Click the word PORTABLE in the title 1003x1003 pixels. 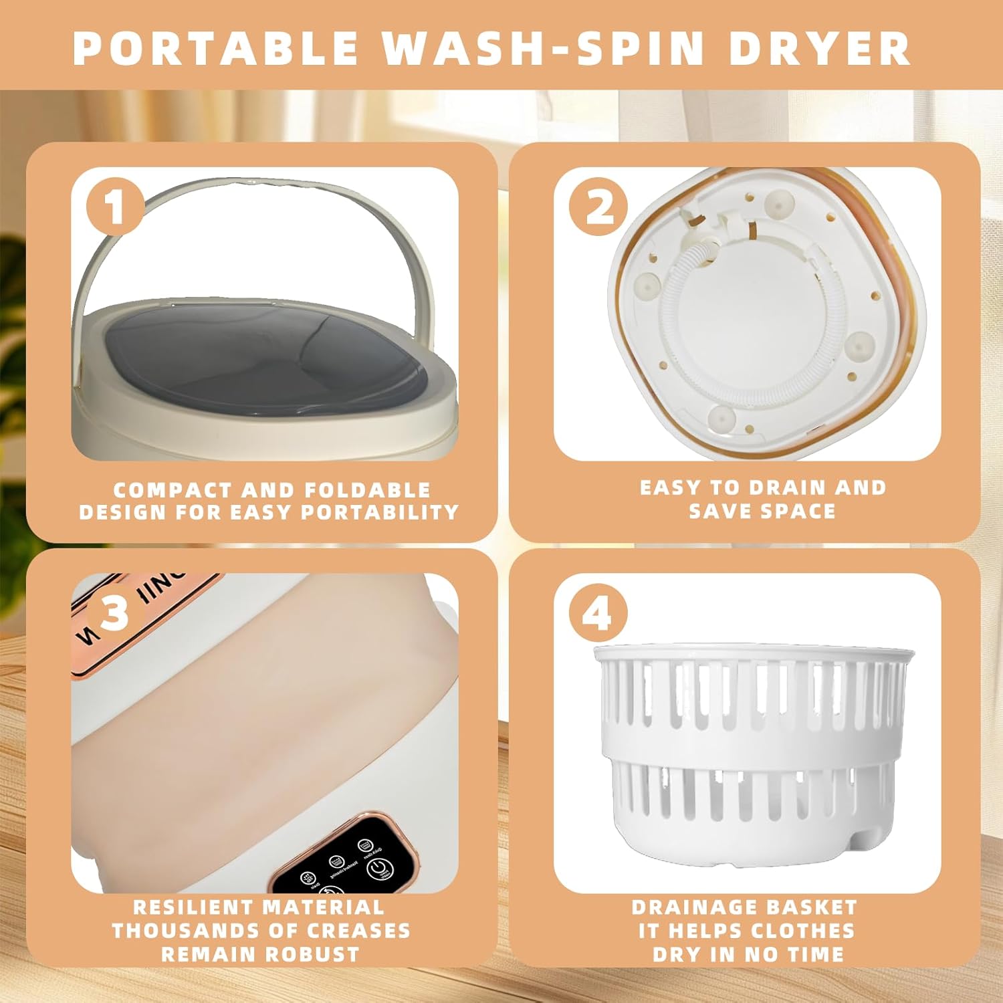[215, 47]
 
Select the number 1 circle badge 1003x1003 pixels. [116, 207]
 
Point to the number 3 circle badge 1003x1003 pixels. [116, 612]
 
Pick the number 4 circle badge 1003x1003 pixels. [598, 612]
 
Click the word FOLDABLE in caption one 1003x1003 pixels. [368, 490]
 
